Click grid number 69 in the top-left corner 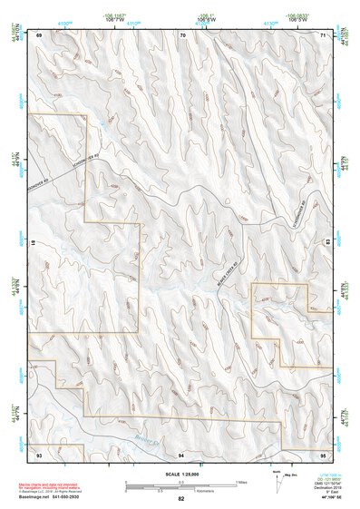tap(40, 34)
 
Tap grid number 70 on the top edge tap(182, 34)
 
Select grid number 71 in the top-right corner tap(324, 34)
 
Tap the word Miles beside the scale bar tap(241, 482)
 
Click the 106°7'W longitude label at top tap(136, 17)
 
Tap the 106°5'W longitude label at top tap(296, 17)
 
